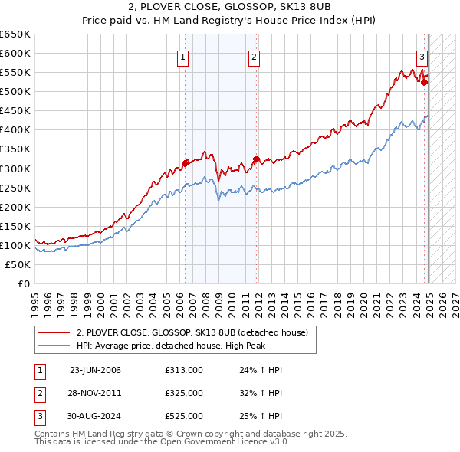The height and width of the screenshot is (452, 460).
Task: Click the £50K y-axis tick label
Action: [x=18, y=264]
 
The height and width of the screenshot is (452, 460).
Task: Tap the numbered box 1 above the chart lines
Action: [x=184, y=56]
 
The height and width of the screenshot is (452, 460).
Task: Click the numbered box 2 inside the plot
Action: [x=254, y=56]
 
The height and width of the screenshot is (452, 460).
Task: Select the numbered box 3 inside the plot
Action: [x=422, y=56]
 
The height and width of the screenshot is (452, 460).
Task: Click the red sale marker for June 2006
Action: [x=185, y=162]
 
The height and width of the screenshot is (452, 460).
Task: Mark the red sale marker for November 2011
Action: [x=256, y=159]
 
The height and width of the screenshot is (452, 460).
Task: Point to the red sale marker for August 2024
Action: [x=425, y=82]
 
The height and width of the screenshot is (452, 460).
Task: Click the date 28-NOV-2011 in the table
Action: [x=95, y=393]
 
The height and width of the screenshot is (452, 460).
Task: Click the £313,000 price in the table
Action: [x=183, y=370]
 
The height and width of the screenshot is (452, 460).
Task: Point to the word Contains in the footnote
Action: [x=52, y=434]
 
